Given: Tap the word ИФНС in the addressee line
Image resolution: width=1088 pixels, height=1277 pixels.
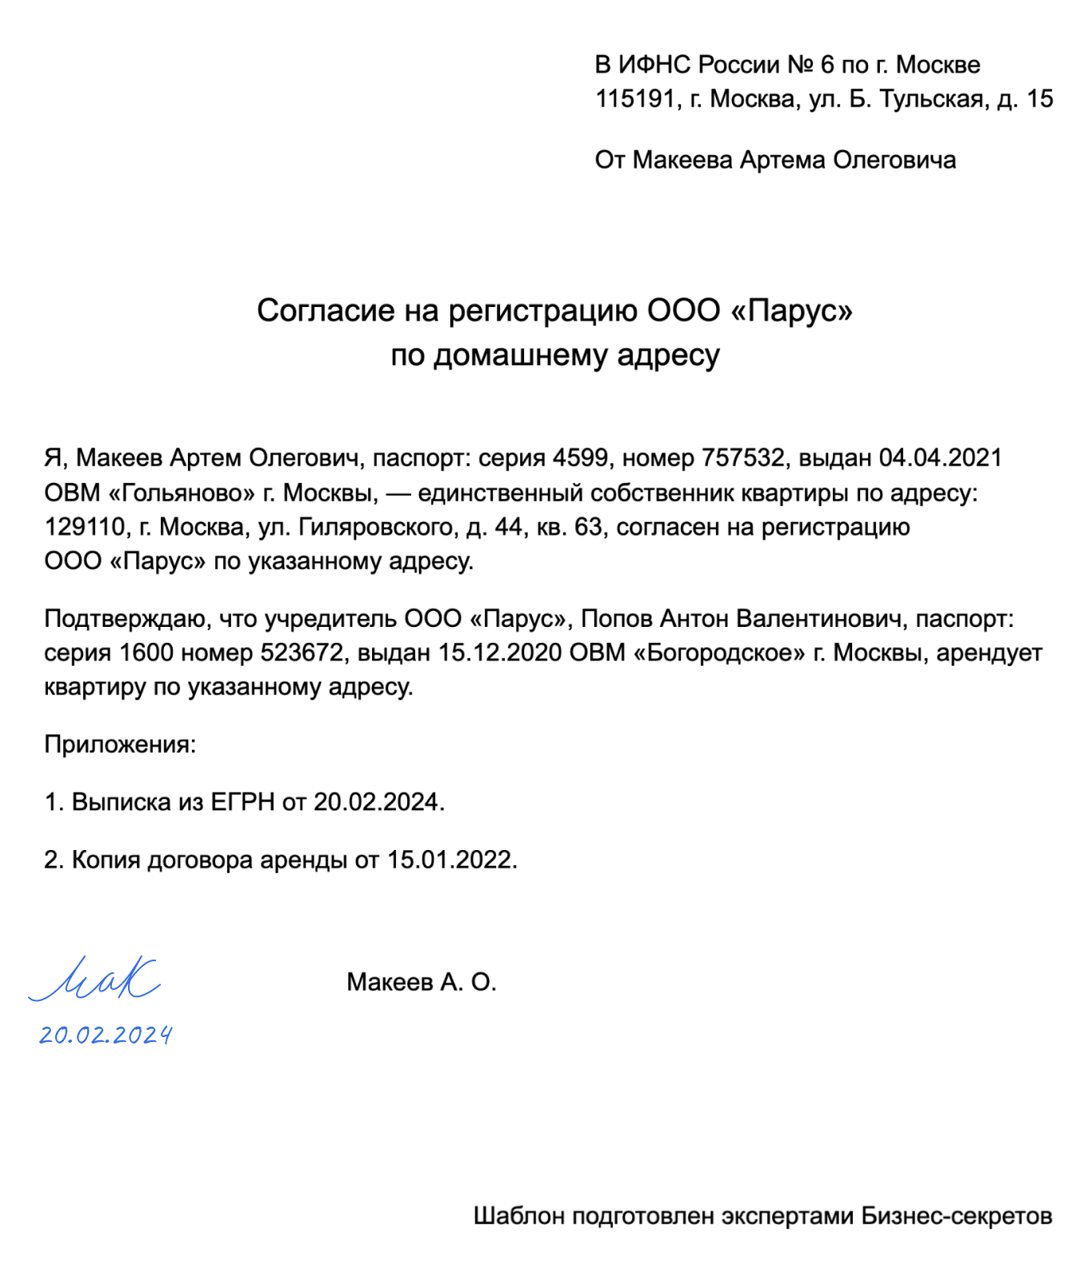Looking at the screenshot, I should pyautogui.click(x=655, y=65).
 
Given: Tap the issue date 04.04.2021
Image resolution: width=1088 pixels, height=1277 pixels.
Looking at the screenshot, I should pyautogui.click(x=940, y=458).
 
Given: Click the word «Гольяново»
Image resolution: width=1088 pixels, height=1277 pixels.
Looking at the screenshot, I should pyautogui.click(x=182, y=493).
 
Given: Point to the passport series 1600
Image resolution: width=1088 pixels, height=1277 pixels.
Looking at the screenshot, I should pyautogui.click(x=146, y=653).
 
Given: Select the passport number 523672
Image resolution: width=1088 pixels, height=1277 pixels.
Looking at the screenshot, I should pyautogui.click(x=302, y=653).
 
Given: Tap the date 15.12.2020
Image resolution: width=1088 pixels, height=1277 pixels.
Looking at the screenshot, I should pyautogui.click(x=500, y=653).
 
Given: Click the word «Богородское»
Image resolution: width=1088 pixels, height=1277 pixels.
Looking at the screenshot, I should pyautogui.click(x=719, y=653).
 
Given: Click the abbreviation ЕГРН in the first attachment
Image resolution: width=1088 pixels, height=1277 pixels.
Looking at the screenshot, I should pyautogui.click(x=242, y=802).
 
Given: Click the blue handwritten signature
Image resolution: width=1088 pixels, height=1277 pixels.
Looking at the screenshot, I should pyautogui.click(x=96, y=979).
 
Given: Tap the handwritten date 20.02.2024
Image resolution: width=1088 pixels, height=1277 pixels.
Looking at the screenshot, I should pyautogui.click(x=106, y=1036).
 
